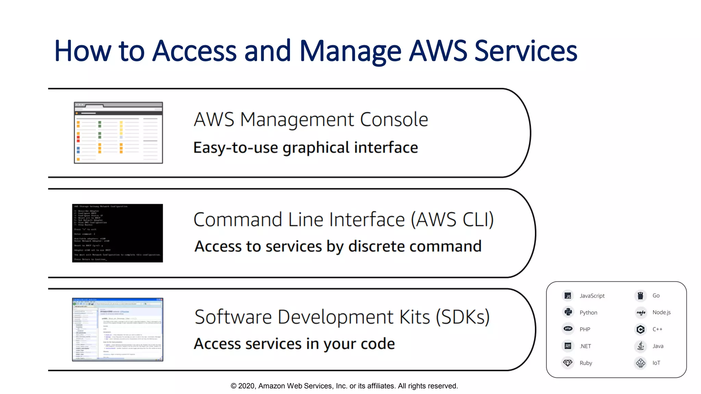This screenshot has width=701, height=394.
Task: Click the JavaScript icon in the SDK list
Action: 568,296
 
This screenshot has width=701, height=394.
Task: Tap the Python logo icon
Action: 568,312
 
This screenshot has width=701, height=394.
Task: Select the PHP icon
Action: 568,329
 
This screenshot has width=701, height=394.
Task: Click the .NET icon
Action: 568,346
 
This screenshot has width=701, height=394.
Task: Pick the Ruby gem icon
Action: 568,363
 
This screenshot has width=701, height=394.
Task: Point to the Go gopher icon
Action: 640,296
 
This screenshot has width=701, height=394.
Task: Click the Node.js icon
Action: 641,312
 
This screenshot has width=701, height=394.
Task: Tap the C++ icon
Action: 641,329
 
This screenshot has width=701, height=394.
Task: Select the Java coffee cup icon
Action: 641,346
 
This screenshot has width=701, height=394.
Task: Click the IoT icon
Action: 641,363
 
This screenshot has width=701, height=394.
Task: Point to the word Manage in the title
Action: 350,51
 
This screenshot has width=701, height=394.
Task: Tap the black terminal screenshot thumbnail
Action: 117,233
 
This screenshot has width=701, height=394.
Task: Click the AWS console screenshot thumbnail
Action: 118,133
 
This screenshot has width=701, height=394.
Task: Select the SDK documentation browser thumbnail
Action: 118,329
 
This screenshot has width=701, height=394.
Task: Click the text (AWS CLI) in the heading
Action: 452,220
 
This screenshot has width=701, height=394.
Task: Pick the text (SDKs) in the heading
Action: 463,317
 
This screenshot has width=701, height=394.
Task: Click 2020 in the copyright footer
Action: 246,386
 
